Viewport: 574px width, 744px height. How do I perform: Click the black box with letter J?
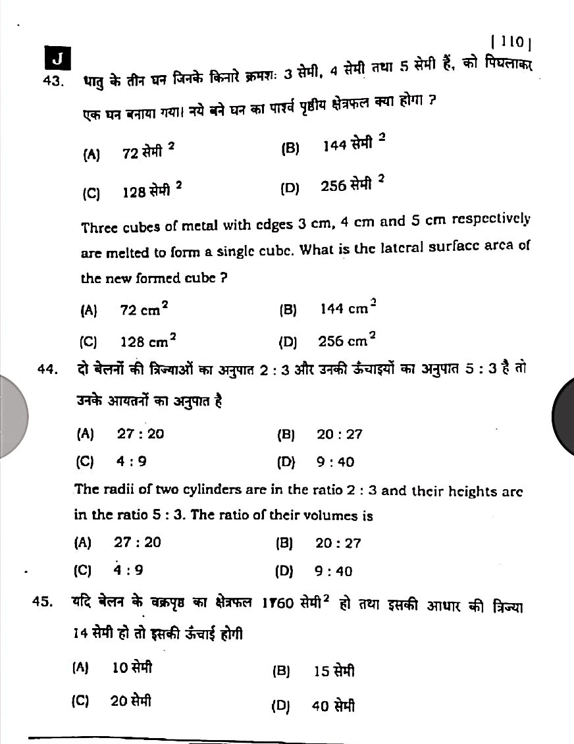click(x=57, y=59)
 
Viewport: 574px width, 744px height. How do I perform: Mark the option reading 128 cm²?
click(x=147, y=340)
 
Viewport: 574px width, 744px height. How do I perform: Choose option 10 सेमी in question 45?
click(x=132, y=668)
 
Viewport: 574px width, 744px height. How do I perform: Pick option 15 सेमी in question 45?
click(x=334, y=671)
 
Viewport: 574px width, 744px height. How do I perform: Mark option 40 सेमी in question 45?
click(x=333, y=706)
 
